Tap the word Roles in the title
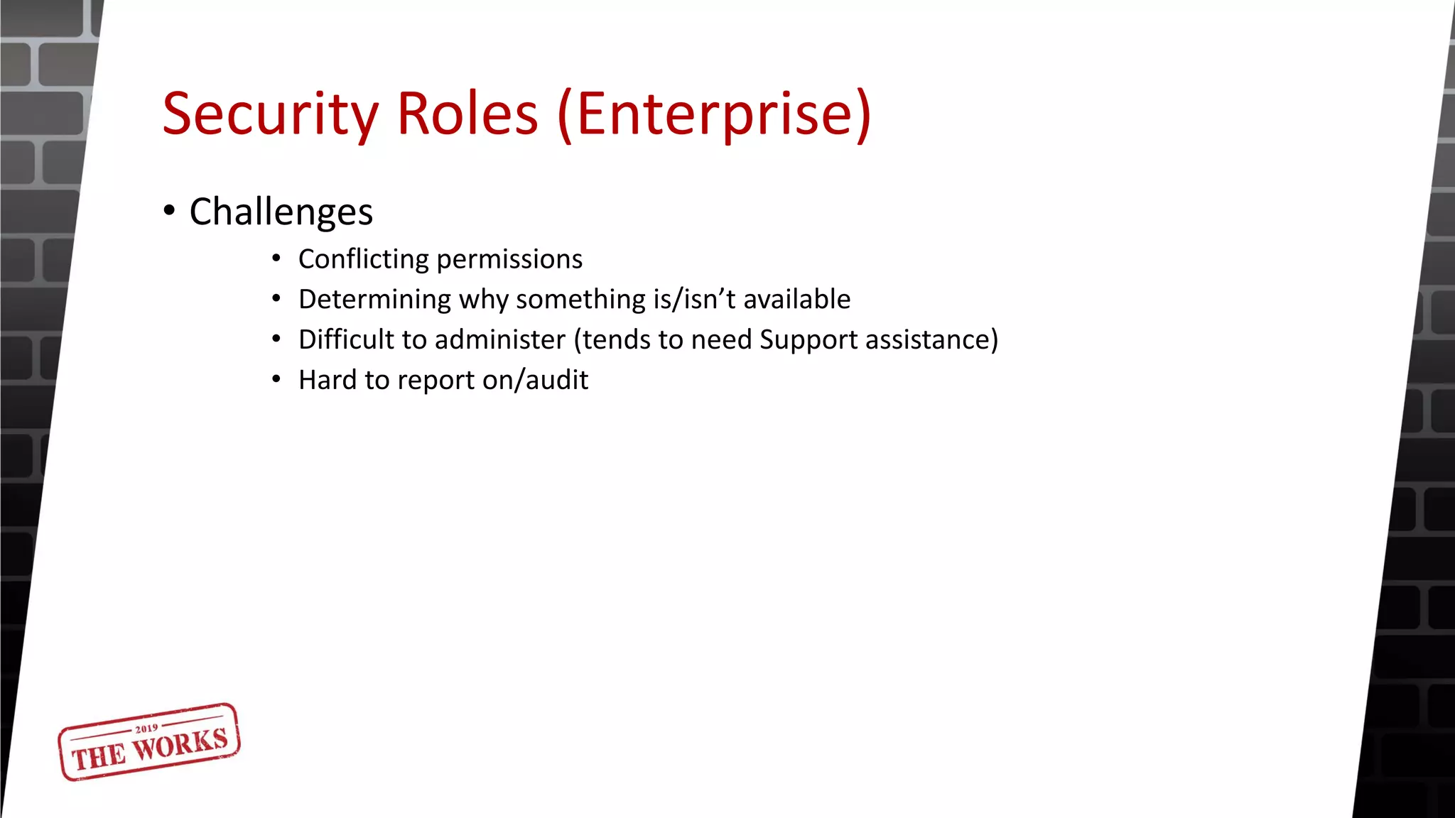click(x=467, y=114)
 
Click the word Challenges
click(x=281, y=212)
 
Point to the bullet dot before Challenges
click(x=169, y=211)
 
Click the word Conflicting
click(x=363, y=260)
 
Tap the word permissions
click(x=509, y=260)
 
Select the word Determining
click(x=374, y=300)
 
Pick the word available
click(x=796, y=300)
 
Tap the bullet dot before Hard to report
click(x=276, y=379)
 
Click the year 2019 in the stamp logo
click(x=146, y=729)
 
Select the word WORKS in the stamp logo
click(x=180, y=745)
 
